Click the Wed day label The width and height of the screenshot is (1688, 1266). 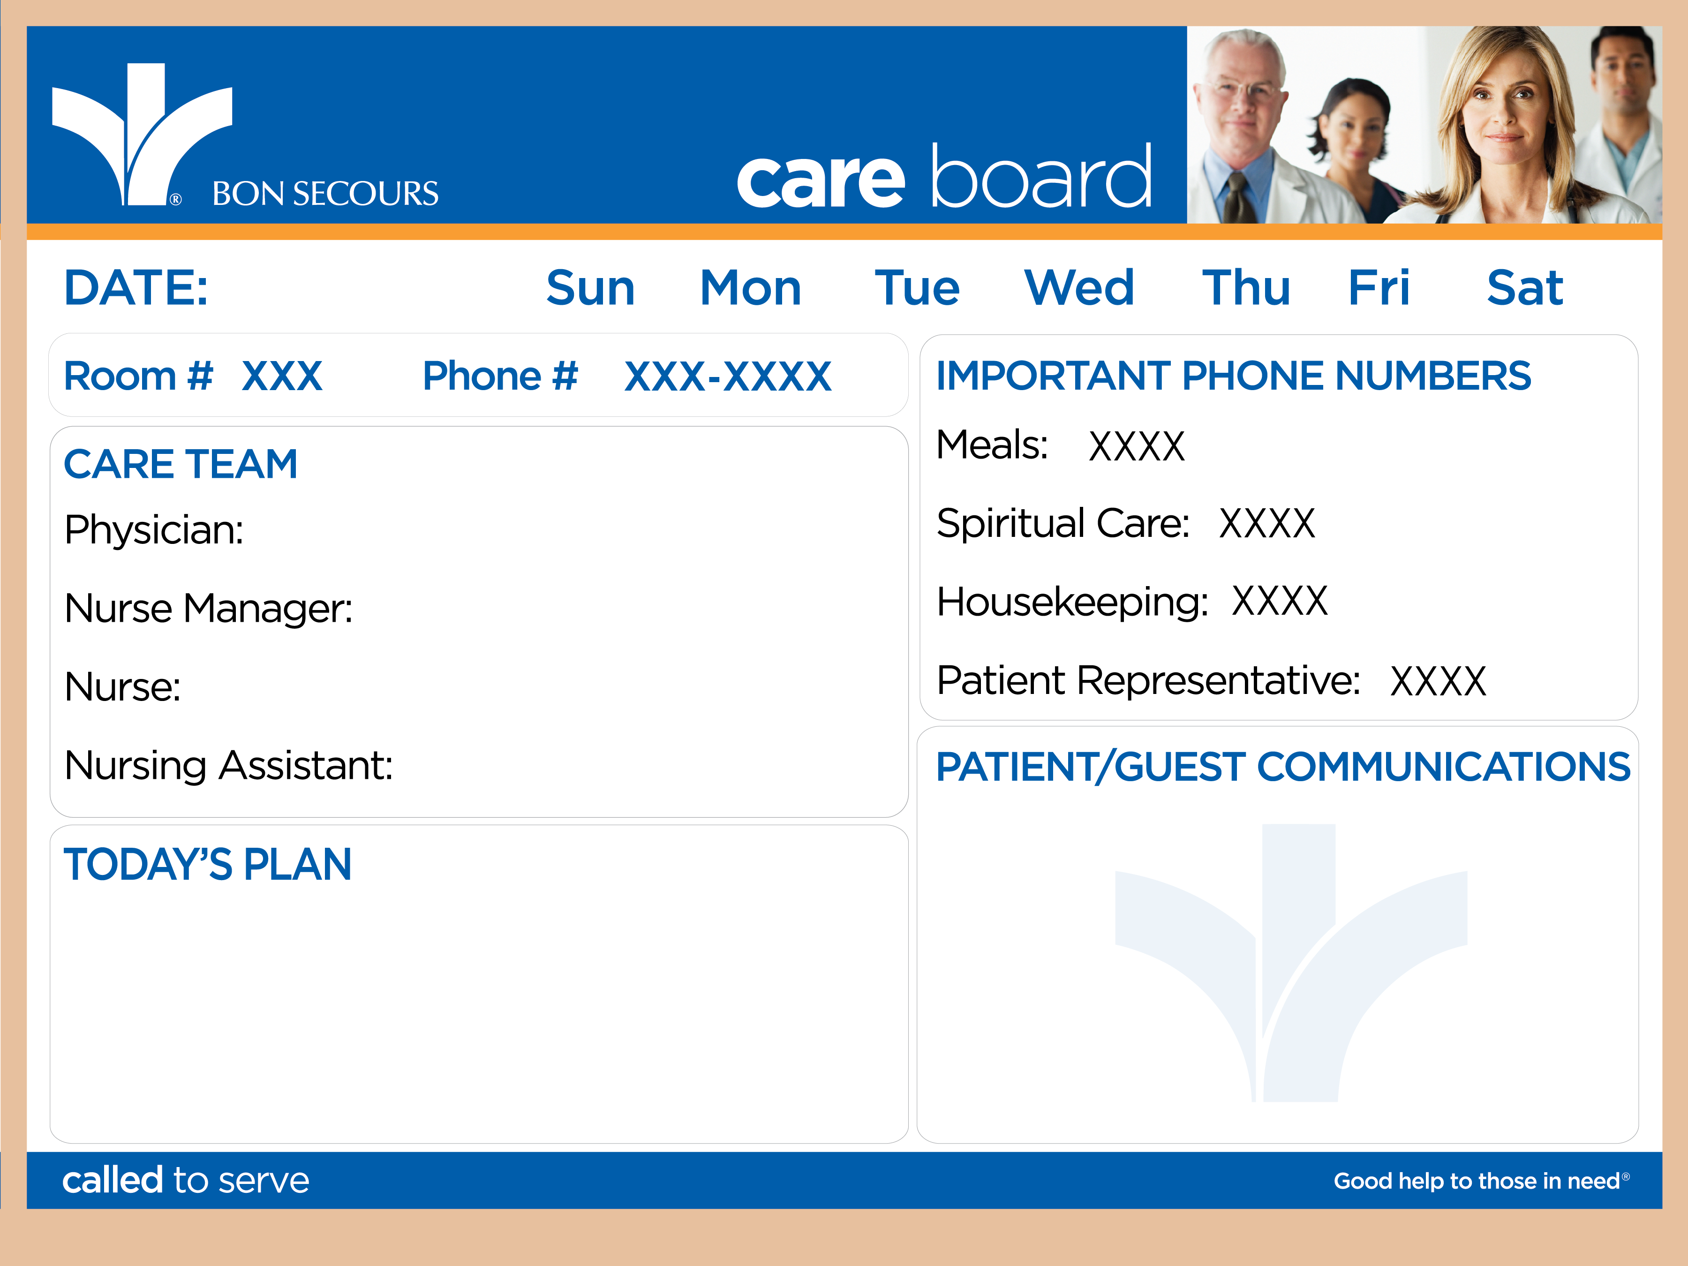coord(1079,288)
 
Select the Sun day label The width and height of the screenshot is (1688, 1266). coord(591,288)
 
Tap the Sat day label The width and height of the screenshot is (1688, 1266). coord(1525,288)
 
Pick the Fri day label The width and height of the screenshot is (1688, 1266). coord(1379,288)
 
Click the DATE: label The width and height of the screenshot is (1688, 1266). coord(136,288)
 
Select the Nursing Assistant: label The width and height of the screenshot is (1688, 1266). coord(229,765)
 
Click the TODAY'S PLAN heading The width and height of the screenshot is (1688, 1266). coord(208,865)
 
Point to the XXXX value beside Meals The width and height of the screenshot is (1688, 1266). coord(1136,446)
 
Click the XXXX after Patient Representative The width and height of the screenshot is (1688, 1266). coord(1438,681)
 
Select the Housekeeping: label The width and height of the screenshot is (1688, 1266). coord(1072,602)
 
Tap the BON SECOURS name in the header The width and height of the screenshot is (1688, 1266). coord(325,194)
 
